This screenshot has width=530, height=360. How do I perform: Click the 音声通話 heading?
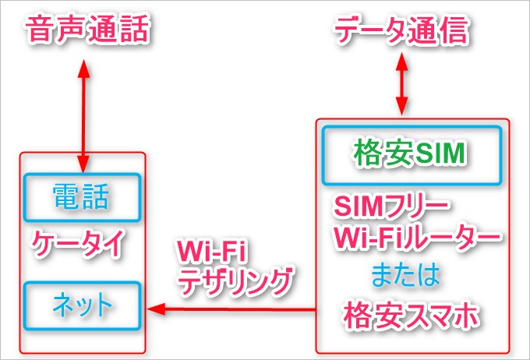(x=87, y=30)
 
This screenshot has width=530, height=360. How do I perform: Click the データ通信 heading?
(x=401, y=30)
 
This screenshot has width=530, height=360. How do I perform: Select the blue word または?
(x=405, y=274)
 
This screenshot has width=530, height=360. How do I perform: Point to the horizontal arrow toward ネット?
(x=234, y=310)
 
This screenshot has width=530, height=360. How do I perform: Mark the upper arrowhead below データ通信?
(x=402, y=61)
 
